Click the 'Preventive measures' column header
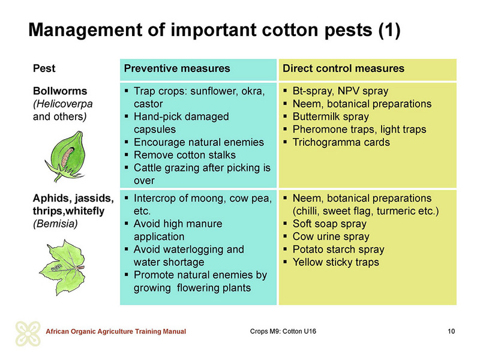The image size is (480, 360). (177, 68)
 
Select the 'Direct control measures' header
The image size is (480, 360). (343, 68)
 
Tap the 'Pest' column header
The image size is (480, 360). (44, 68)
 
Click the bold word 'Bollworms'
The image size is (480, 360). (60, 91)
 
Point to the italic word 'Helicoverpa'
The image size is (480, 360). (64, 104)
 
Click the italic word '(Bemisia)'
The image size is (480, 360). (55, 224)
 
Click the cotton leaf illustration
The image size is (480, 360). (63, 267)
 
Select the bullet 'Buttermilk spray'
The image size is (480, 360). (331, 116)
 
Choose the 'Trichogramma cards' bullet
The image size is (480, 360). (341, 142)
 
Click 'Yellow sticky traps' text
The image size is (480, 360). (336, 262)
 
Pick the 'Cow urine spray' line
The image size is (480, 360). (331, 236)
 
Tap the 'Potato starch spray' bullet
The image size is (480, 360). (338, 249)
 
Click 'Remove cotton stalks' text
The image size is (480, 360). (185, 155)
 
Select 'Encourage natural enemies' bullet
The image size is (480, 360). (199, 142)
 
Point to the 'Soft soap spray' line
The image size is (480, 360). (329, 224)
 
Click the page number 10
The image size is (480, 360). (451, 331)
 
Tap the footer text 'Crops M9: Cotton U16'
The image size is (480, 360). (283, 331)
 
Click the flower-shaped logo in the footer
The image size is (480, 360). (28, 334)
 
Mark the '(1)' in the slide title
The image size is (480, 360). (389, 30)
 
